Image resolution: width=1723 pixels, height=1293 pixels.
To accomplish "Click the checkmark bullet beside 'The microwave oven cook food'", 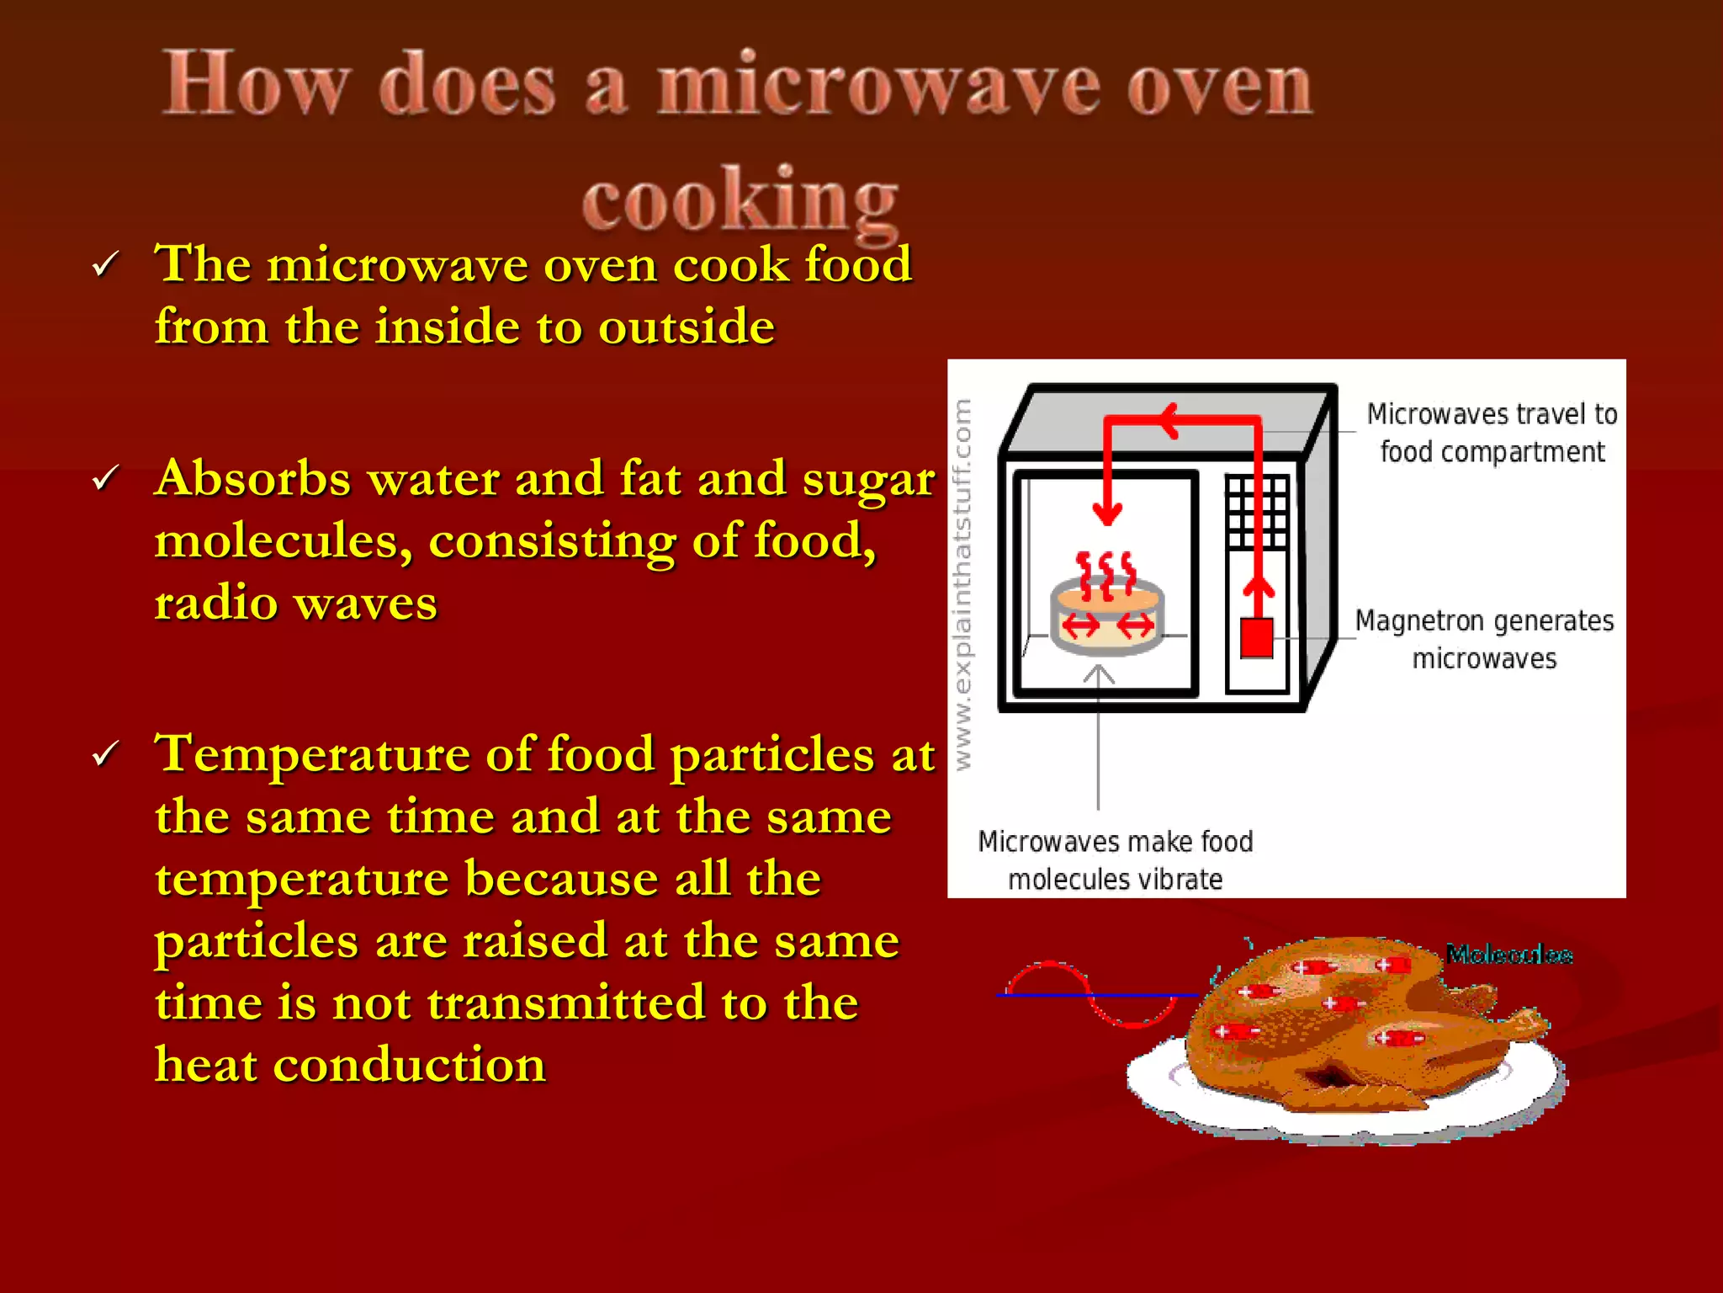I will tap(106, 265).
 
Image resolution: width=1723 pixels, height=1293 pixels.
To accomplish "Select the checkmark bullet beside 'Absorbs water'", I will tap(106, 478).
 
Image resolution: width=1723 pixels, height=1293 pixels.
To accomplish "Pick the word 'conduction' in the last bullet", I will tap(410, 1065).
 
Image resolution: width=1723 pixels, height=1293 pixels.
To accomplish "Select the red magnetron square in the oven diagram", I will tap(1257, 637).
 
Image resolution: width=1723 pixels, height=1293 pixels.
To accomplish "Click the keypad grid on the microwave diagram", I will tap(1257, 512).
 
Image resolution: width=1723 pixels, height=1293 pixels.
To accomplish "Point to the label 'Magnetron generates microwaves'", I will tap(1484, 639).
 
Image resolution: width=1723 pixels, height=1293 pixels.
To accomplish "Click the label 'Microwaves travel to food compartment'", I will tap(1492, 433).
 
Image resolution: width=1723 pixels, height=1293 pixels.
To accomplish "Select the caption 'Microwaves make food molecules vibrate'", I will tap(1115, 859).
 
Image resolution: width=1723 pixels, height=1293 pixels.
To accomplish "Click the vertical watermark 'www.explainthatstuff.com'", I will tap(962, 584).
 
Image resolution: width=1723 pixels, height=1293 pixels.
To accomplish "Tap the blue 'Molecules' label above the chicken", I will tap(1508, 955).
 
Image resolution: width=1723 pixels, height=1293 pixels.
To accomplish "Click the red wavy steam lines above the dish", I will tap(1106, 574).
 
